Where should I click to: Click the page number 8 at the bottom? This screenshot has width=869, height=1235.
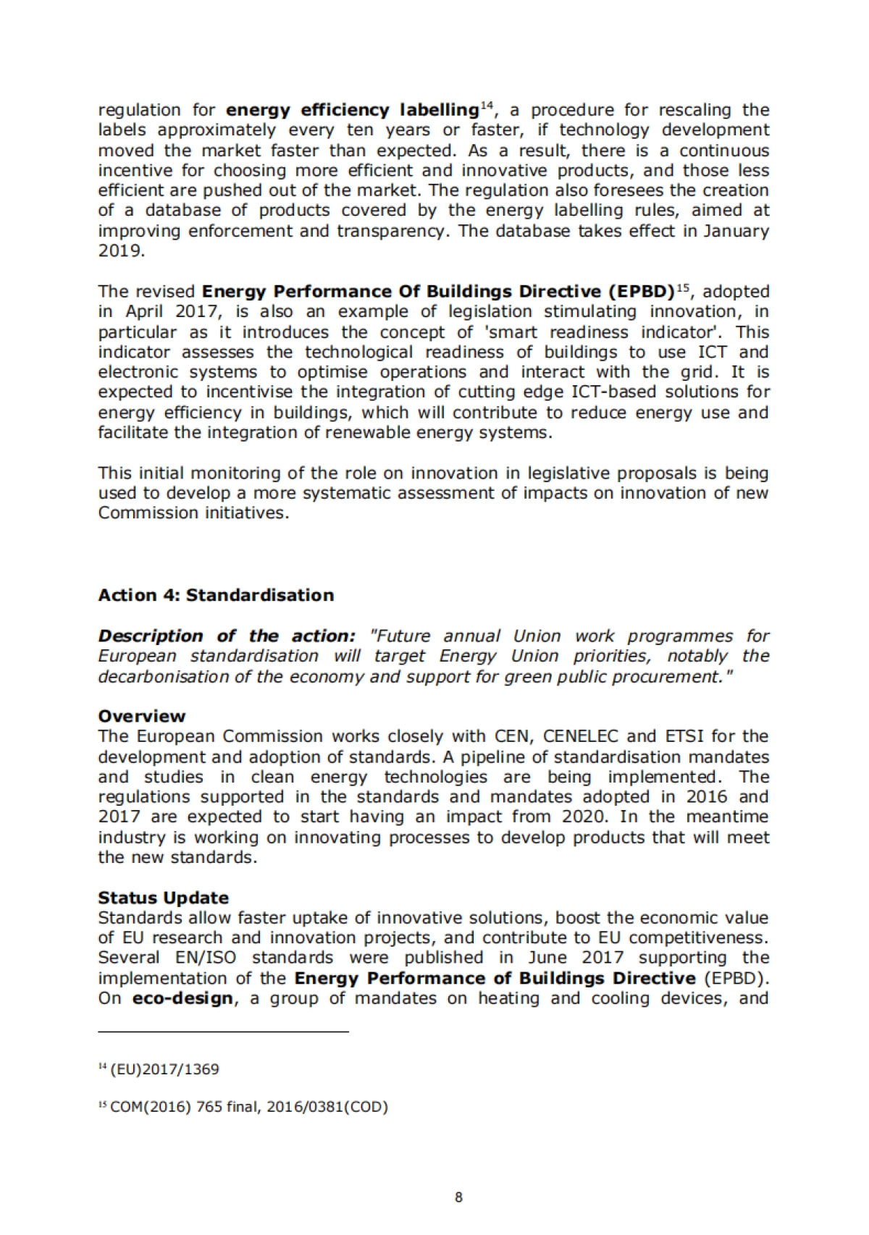point(458,1197)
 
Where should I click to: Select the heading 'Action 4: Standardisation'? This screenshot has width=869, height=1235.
point(216,595)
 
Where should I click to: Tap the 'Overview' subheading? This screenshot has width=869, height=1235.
point(142,716)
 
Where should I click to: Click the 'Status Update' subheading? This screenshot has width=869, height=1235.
point(163,898)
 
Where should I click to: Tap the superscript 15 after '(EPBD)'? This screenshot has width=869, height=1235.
point(683,288)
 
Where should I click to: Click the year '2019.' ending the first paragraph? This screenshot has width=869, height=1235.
point(122,251)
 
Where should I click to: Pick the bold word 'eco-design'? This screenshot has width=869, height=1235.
point(182,998)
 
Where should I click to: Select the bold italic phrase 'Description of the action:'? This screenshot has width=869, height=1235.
point(227,636)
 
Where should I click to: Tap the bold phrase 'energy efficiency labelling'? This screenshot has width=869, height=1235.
point(352,110)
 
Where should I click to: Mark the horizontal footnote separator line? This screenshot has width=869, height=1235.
point(223,1031)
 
